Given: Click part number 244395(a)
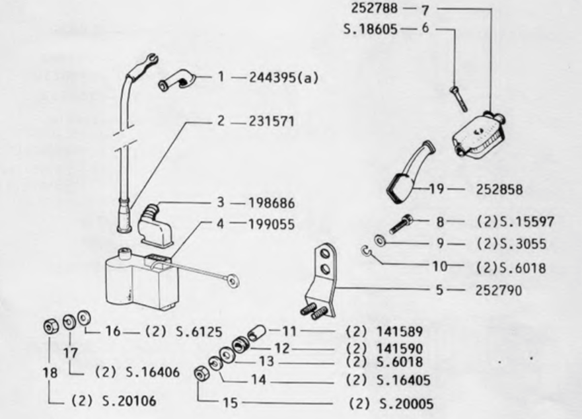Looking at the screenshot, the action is (283, 77).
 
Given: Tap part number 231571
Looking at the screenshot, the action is (272, 122).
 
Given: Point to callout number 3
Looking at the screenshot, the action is (221, 202).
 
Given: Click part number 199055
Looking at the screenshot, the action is (272, 224).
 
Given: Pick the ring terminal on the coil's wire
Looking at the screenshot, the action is (233, 280).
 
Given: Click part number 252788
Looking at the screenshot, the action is (374, 8).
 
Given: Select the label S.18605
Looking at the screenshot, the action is (371, 29).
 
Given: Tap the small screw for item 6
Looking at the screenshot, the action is (458, 99).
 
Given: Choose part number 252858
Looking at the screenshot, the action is (499, 190).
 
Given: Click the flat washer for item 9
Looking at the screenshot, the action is (380, 241).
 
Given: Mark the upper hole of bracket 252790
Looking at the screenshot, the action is (325, 254).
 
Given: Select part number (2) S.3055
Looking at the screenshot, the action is (511, 244).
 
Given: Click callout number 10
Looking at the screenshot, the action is (440, 266).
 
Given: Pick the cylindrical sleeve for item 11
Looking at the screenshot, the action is (256, 332).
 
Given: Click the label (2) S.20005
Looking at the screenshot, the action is (391, 404).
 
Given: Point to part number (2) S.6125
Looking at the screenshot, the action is (184, 331).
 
